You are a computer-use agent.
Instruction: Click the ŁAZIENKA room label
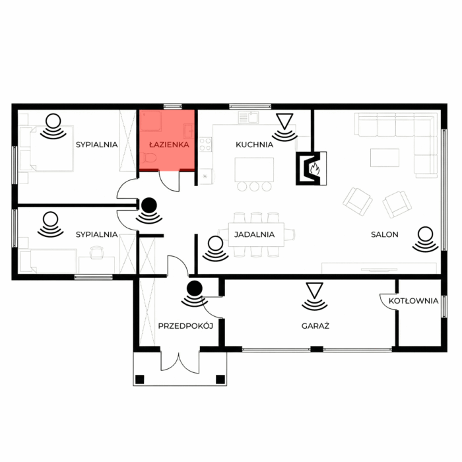tap(169, 145)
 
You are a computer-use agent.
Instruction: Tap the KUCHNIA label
tap(255, 145)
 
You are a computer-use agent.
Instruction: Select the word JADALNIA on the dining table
tap(255, 234)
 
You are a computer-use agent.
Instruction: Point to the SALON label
tap(385, 234)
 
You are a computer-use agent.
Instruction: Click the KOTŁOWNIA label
tap(414, 301)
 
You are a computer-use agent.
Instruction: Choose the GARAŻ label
tap(315, 326)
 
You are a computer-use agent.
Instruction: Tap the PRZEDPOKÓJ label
tap(185, 326)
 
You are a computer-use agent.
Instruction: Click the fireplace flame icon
tap(315, 168)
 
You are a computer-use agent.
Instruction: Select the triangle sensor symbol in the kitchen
tap(284, 121)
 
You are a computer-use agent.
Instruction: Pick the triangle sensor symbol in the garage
tap(314, 290)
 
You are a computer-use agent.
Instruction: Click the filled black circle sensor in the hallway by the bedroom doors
tap(149, 205)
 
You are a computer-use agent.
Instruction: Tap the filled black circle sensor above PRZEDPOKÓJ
tap(195, 288)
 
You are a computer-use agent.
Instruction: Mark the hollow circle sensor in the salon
tap(425, 234)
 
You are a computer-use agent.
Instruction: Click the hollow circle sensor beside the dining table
tap(215, 244)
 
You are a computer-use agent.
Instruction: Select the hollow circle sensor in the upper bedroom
tap(53, 121)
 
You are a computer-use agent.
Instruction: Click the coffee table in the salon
tap(385, 158)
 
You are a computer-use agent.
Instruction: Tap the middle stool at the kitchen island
tap(254, 187)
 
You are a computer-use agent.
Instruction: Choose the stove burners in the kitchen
tap(205, 145)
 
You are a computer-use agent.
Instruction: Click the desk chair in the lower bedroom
tap(96, 253)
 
